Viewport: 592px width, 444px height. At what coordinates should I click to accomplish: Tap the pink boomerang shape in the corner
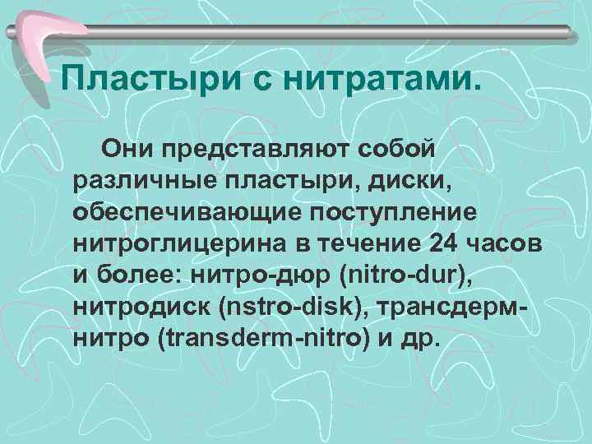pos(49,33)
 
